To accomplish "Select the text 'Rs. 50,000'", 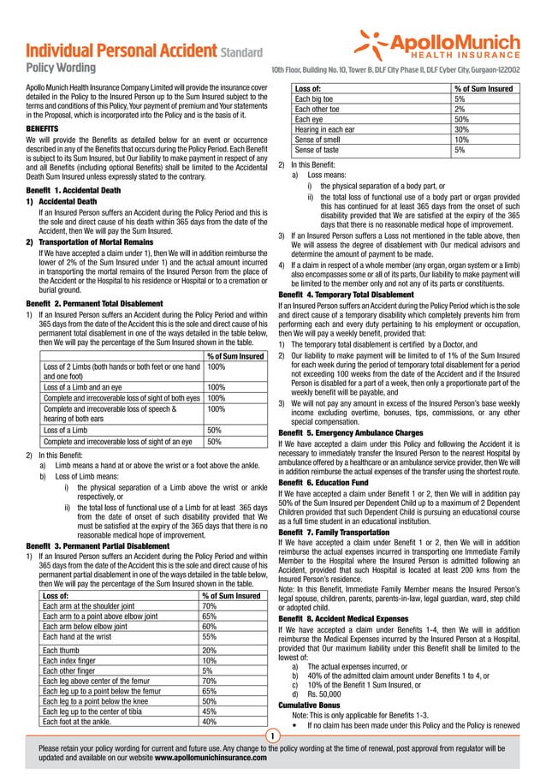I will coord(325,694).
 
